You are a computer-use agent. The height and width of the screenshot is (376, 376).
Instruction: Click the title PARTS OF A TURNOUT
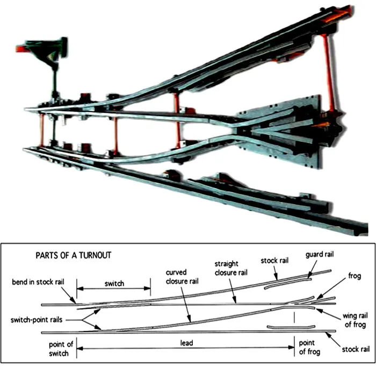click(x=73, y=255)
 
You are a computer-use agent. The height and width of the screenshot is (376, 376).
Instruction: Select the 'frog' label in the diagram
click(x=355, y=277)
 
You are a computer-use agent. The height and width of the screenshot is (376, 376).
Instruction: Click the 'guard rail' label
click(x=321, y=255)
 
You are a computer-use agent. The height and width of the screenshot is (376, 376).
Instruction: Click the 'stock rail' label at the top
click(x=276, y=261)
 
